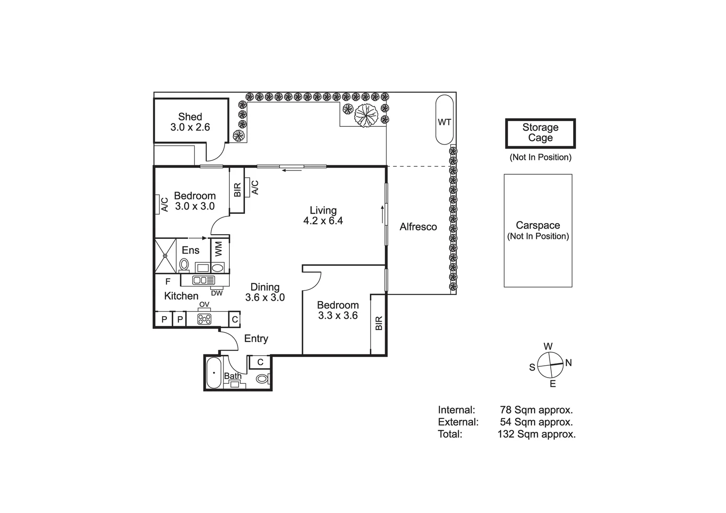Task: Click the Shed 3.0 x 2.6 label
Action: [x=190, y=122]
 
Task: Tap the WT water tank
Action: [x=444, y=120]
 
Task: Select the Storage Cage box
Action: [x=540, y=133]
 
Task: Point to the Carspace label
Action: [x=537, y=225]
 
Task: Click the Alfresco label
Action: [x=418, y=227]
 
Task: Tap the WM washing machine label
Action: [x=219, y=249]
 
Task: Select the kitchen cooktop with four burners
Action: [x=204, y=319]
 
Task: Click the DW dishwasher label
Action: [x=217, y=293]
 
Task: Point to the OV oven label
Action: [x=204, y=304]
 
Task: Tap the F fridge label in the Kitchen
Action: [x=168, y=282]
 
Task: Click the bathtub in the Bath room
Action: [x=214, y=373]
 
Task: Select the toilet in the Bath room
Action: [x=262, y=379]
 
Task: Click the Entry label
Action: [x=256, y=339]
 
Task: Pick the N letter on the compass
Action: [x=568, y=362]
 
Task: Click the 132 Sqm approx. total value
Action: [x=537, y=434]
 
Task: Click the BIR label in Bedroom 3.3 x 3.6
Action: [x=379, y=323]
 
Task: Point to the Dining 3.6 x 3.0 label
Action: [x=265, y=292]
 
